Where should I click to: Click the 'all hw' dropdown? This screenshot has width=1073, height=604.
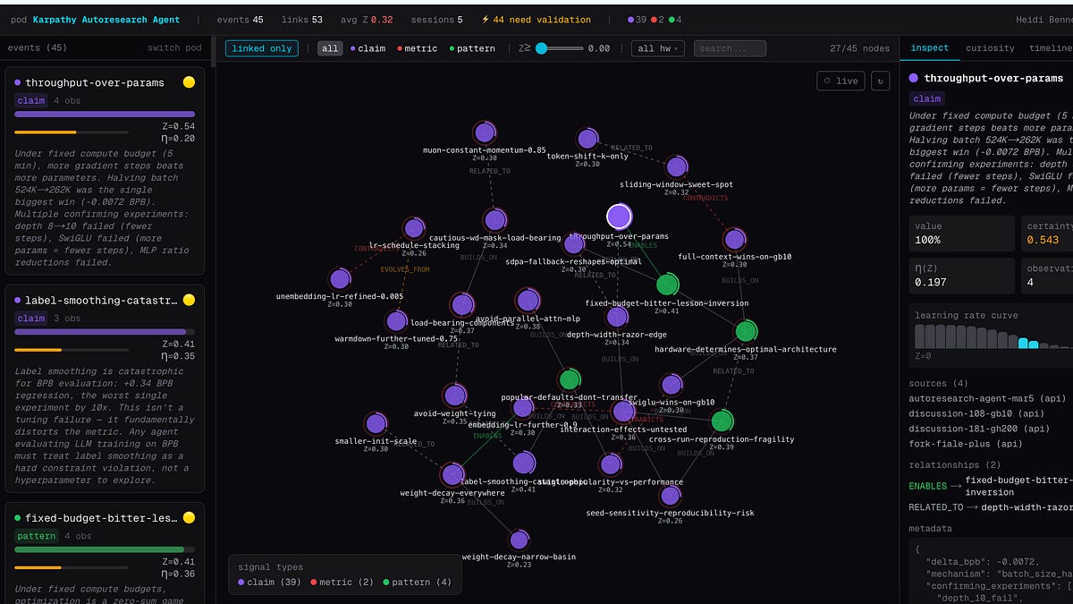pyautogui.click(x=656, y=48)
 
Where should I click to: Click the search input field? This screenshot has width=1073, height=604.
pyautogui.click(x=730, y=48)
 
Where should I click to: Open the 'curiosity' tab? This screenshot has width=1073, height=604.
pyautogui.click(x=990, y=48)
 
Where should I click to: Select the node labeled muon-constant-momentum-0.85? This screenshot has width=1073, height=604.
pyautogui.click(x=485, y=132)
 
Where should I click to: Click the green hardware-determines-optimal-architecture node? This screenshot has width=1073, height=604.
pyautogui.click(x=746, y=331)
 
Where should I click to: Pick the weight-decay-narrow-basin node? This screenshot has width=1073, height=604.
pyautogui.click(x=519, y=540)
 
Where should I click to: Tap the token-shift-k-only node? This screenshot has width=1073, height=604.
pyautogui.click(x=587, y=139)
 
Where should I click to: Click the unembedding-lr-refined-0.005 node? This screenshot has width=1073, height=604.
pyautogui.click(x=340, y=278)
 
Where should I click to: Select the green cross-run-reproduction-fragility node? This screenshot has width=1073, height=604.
pyautogui.click(x=722, y=421)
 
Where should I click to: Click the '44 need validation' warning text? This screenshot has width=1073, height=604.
pyautogui.click(x=536, y=20)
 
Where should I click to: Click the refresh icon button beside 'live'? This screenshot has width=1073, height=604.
pyautogui.click(x=880, y=81)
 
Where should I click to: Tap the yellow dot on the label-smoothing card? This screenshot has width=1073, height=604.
pyautogui.click(x=189, y=300)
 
